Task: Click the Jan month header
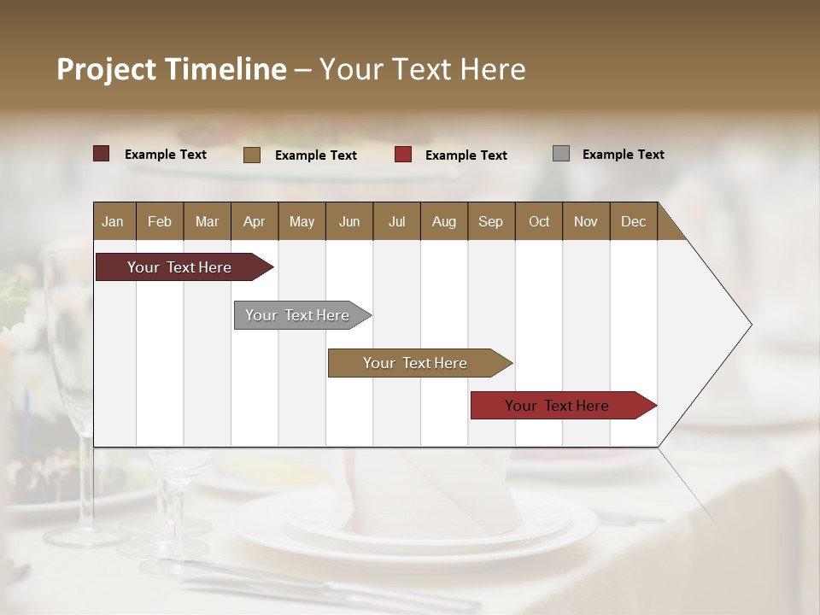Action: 114,221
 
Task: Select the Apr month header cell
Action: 255,221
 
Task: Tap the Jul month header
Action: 396,221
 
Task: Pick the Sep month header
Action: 490,221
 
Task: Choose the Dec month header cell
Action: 633,221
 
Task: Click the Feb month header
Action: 160,221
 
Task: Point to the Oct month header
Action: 538,221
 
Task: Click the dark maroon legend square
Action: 101,154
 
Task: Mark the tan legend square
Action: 252,155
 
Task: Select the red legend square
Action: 403,155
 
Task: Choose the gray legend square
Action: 560,154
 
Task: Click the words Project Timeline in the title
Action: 172,69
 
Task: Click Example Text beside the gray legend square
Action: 623,155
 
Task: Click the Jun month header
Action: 349,221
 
